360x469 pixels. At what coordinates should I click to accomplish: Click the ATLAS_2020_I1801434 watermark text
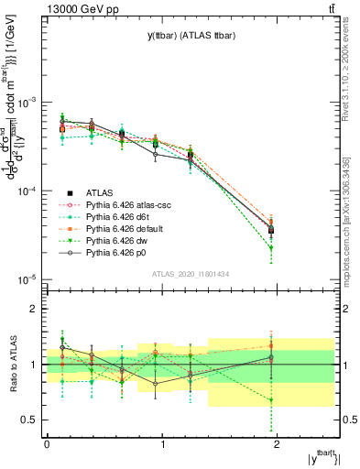(191, 274)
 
